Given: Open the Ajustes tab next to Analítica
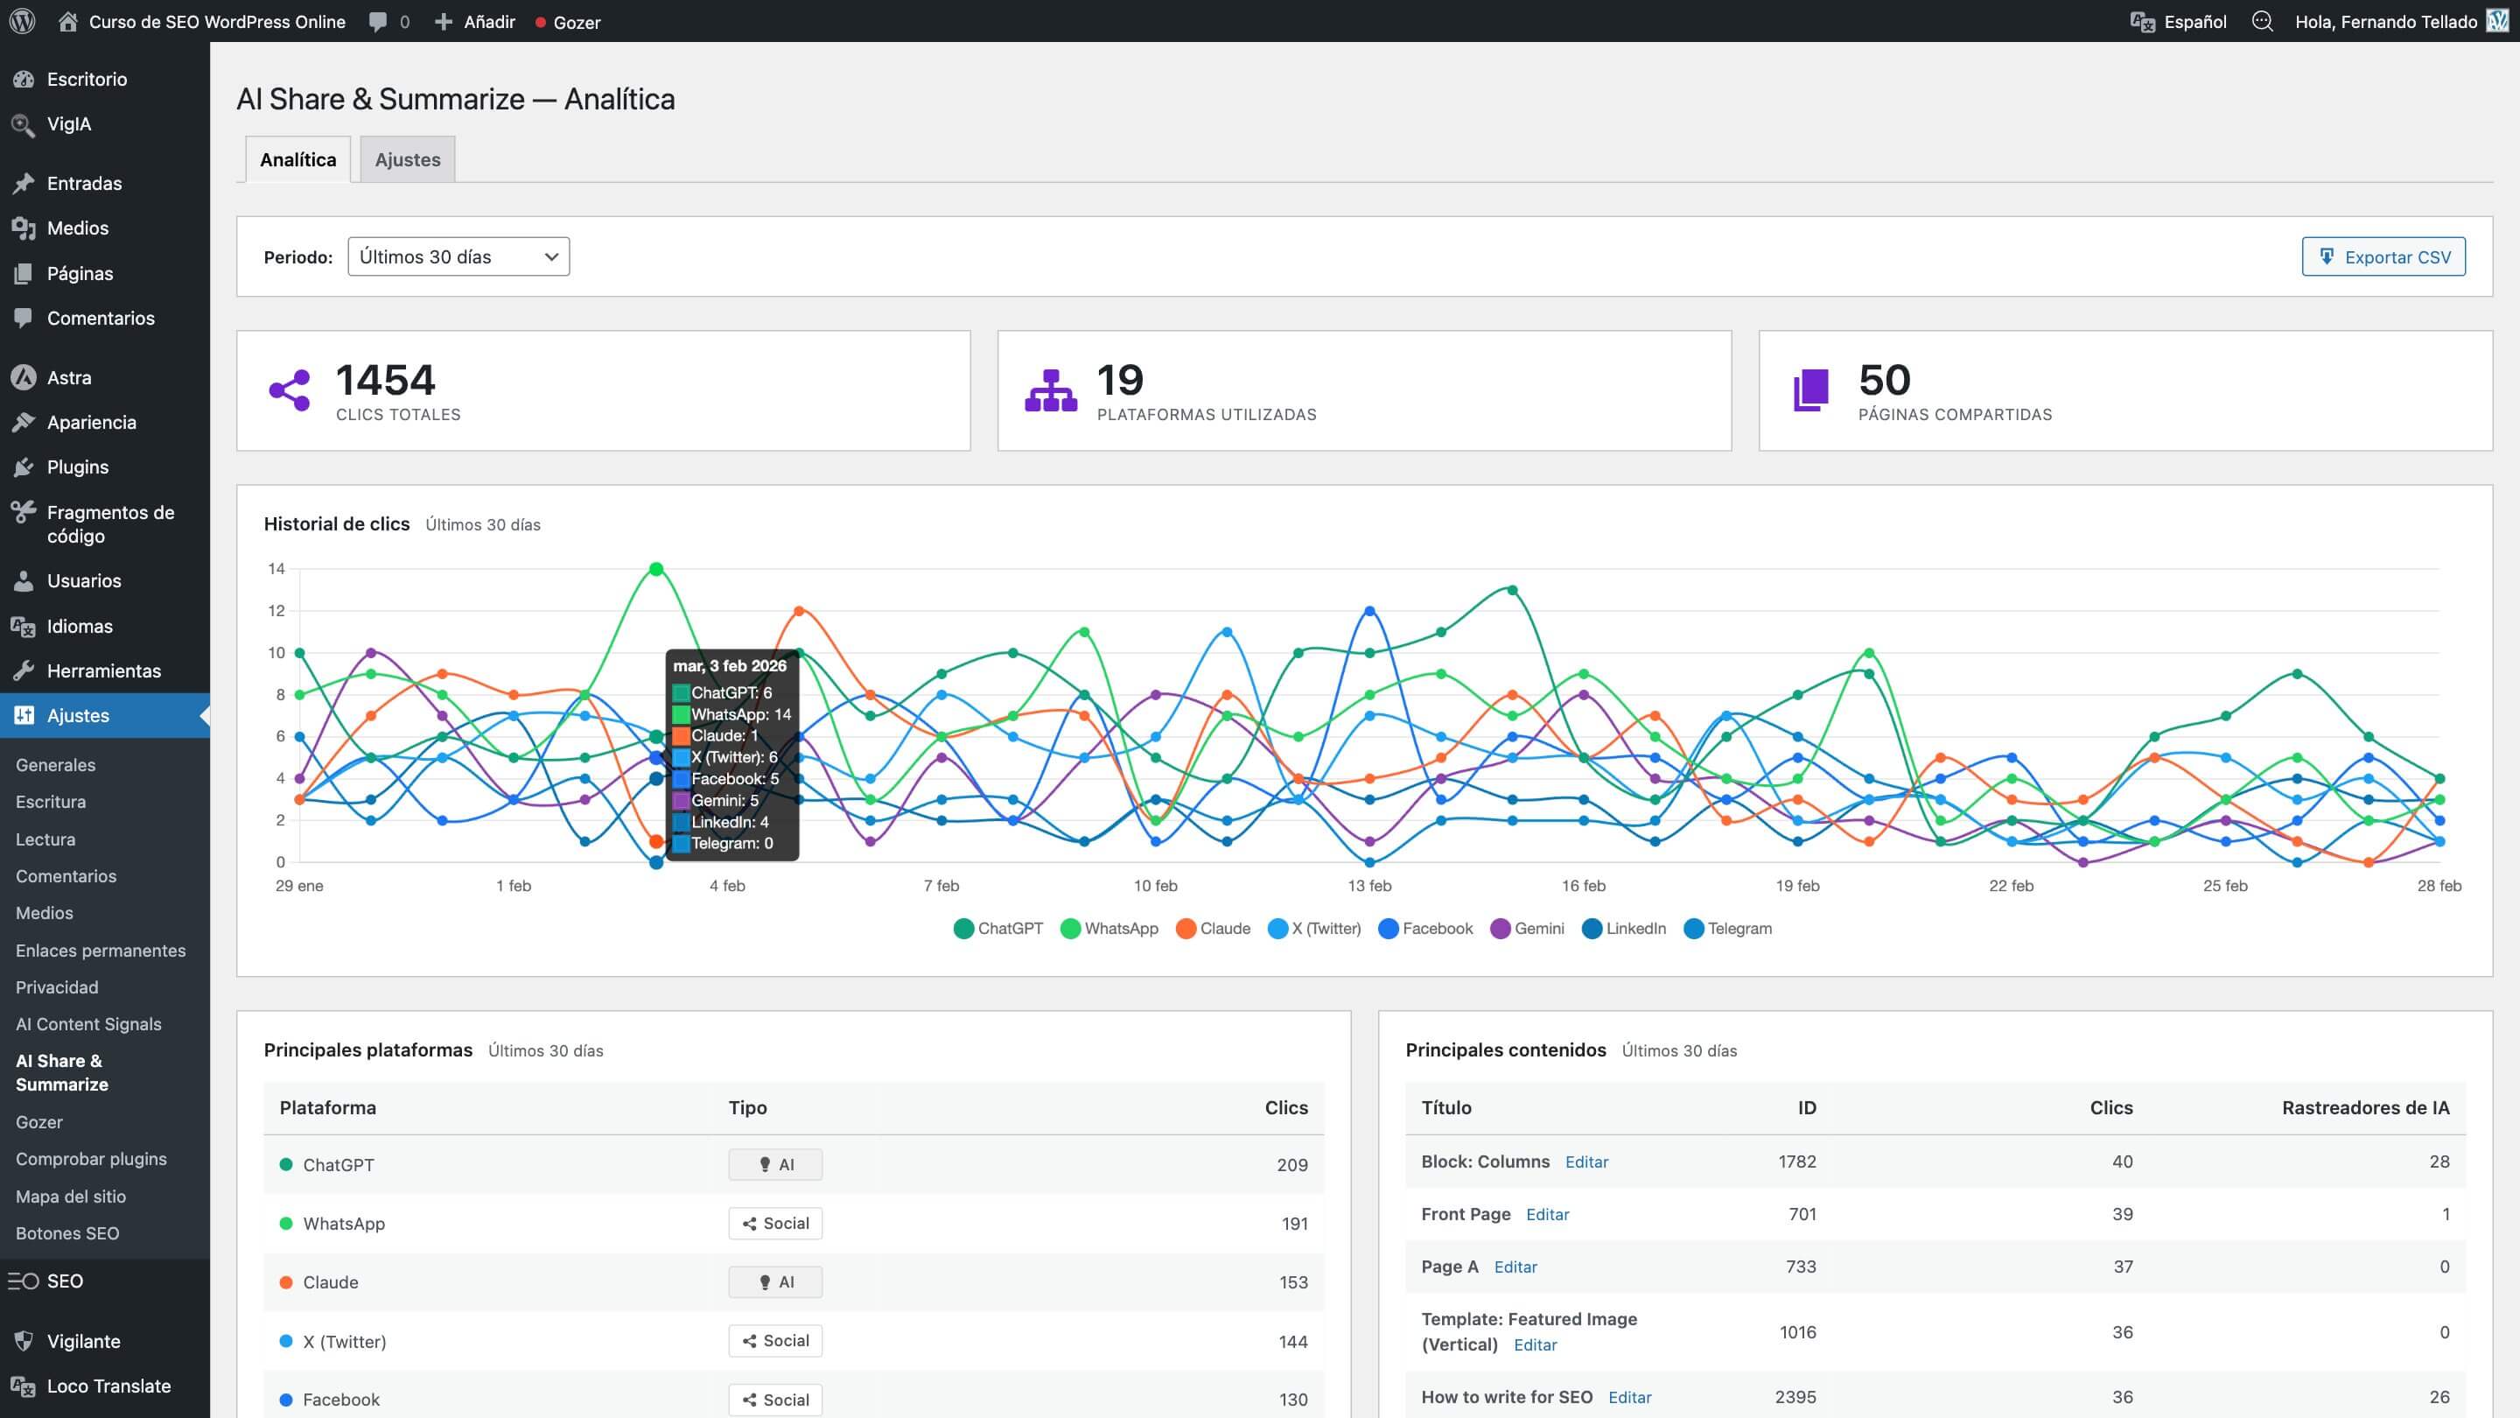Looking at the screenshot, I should pos(407,159).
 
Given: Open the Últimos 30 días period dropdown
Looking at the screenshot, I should pos(458,256).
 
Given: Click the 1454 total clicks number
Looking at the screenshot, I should pos(385,380).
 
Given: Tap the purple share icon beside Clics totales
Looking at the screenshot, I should pos(290,390).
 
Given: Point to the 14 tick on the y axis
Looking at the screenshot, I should pos(276,569).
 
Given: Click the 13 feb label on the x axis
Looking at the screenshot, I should pos(1368,886).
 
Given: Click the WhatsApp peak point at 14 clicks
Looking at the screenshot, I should pos(656,569).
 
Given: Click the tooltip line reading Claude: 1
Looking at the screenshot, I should pos(724,736).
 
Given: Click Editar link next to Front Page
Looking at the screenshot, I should pos(1547,1214).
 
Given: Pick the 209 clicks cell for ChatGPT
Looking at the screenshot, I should pos(1291,1164).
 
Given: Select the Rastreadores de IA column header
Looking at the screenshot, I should pos(2364,1108).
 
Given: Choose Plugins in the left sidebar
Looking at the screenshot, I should pos(77,467).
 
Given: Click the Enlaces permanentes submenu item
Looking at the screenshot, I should pos(100,951).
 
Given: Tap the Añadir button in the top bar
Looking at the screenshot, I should pos(475,22).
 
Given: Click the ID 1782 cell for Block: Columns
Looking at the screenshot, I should pos(1796,1162).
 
